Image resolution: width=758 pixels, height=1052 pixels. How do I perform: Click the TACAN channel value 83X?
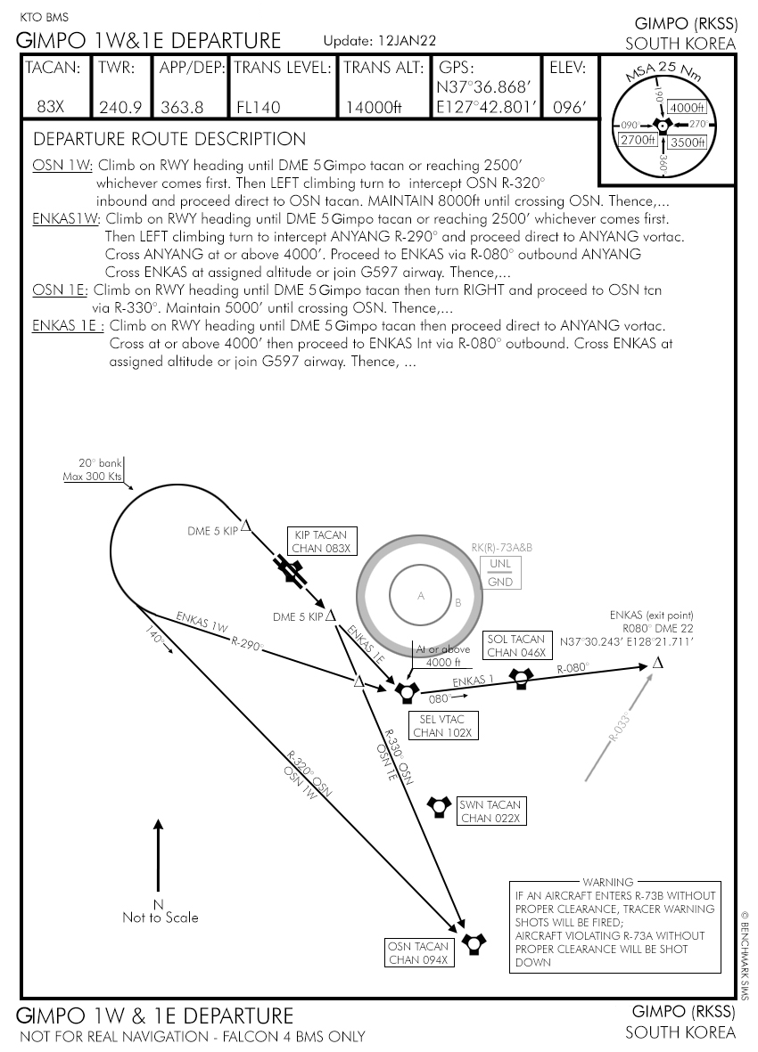click(50, 107)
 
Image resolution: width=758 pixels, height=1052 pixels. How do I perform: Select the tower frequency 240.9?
click(120, 107)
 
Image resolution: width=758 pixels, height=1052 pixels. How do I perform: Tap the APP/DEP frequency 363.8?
click(182, 107)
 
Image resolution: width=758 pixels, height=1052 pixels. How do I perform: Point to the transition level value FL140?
click(259, 107)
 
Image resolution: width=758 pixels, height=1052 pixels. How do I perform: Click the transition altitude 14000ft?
click(374, 107)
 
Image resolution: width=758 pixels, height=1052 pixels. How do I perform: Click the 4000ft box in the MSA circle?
click(687, 108)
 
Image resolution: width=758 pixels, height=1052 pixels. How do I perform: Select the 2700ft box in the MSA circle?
click(639, 140)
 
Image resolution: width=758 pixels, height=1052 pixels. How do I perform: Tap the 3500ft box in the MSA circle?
click(688, 142)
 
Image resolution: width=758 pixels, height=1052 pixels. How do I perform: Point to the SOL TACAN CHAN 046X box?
click(515, 646)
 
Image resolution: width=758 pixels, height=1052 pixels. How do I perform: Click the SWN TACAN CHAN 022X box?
click(490, 811)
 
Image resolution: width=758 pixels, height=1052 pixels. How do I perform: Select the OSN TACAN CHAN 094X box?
click(419, 952)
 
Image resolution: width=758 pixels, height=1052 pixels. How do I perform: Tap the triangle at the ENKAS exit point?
click(658, 662)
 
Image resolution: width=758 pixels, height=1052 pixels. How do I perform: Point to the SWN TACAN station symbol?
click(439, 806)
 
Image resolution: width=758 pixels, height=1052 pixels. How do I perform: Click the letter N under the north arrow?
click(159, 903)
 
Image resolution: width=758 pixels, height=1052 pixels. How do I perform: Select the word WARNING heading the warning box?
click(607, 882)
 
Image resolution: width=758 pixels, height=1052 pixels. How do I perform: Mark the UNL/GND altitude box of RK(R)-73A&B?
click(500, 574)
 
